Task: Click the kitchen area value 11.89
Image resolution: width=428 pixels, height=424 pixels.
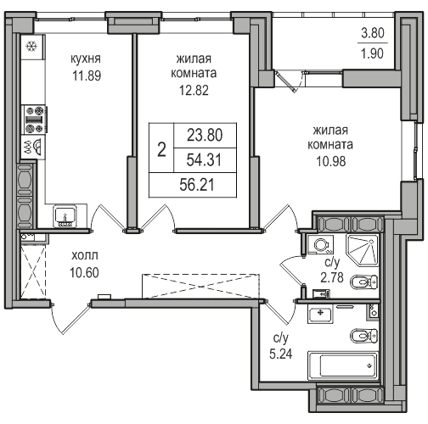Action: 87,75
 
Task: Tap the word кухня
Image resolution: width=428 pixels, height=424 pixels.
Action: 86,59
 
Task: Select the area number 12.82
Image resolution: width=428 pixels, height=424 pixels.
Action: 194,90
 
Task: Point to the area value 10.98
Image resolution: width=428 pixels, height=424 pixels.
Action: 331,161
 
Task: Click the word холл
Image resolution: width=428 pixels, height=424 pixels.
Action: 85,255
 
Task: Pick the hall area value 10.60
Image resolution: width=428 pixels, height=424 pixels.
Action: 84,272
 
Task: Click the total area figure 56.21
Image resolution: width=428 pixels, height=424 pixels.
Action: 197,185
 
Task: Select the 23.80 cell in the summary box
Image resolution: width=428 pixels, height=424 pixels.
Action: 205,135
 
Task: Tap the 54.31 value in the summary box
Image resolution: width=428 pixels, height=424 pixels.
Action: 204,159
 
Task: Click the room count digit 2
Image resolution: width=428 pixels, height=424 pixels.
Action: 161,149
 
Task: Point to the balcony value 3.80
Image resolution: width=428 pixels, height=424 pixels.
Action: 373,33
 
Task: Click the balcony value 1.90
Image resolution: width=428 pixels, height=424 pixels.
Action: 373,53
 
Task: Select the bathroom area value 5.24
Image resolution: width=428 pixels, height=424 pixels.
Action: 281,354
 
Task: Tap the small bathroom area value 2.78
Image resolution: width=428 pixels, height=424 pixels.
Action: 332,277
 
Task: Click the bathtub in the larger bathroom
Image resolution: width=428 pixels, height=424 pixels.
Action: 343,365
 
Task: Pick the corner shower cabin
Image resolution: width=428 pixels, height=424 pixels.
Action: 363,251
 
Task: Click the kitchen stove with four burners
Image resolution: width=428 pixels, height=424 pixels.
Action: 35,120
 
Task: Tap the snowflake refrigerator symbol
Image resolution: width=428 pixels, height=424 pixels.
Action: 31,47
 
